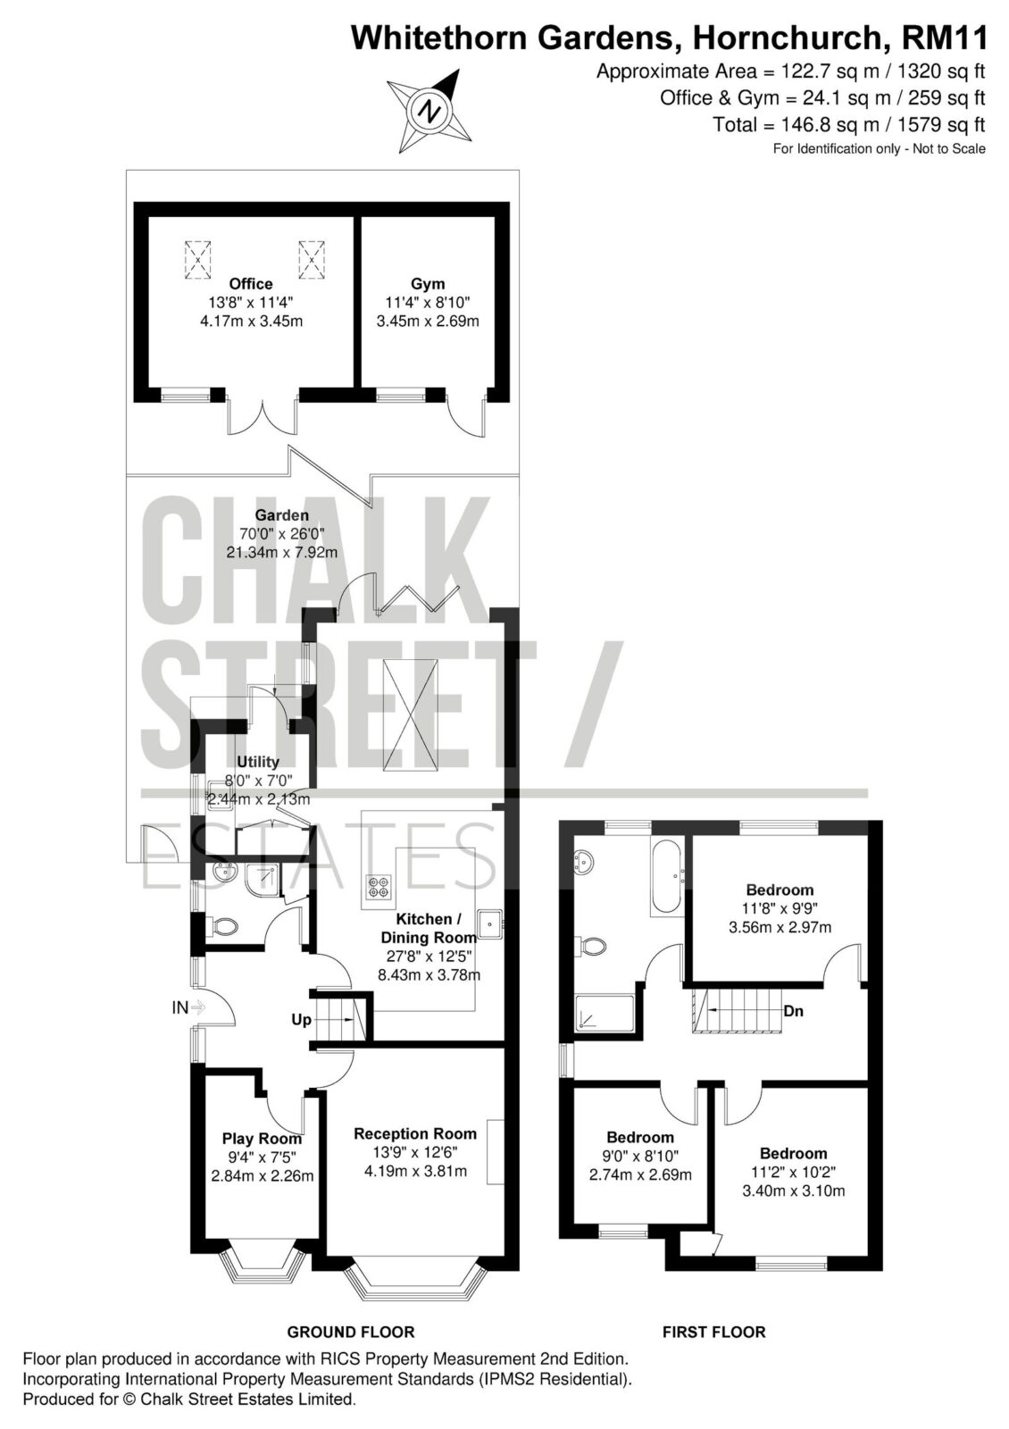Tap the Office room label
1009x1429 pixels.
(251, 284)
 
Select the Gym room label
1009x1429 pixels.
(428, 284)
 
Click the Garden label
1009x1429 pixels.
(282, 514)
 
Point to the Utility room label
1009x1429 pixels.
(258, 762)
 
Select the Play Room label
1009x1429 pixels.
(263, 1139)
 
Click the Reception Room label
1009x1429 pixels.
(415, 1133)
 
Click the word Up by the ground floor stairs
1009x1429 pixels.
(301, 1020)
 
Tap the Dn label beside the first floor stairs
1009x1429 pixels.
(794, 1011)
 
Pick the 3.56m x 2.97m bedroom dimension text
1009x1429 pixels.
(780, 927)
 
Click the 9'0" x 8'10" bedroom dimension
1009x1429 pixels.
(640, 1156)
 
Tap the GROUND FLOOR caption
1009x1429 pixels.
(351, 1332)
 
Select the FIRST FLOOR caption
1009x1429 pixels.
(713, 1332)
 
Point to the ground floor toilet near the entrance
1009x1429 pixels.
(223, 925)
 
